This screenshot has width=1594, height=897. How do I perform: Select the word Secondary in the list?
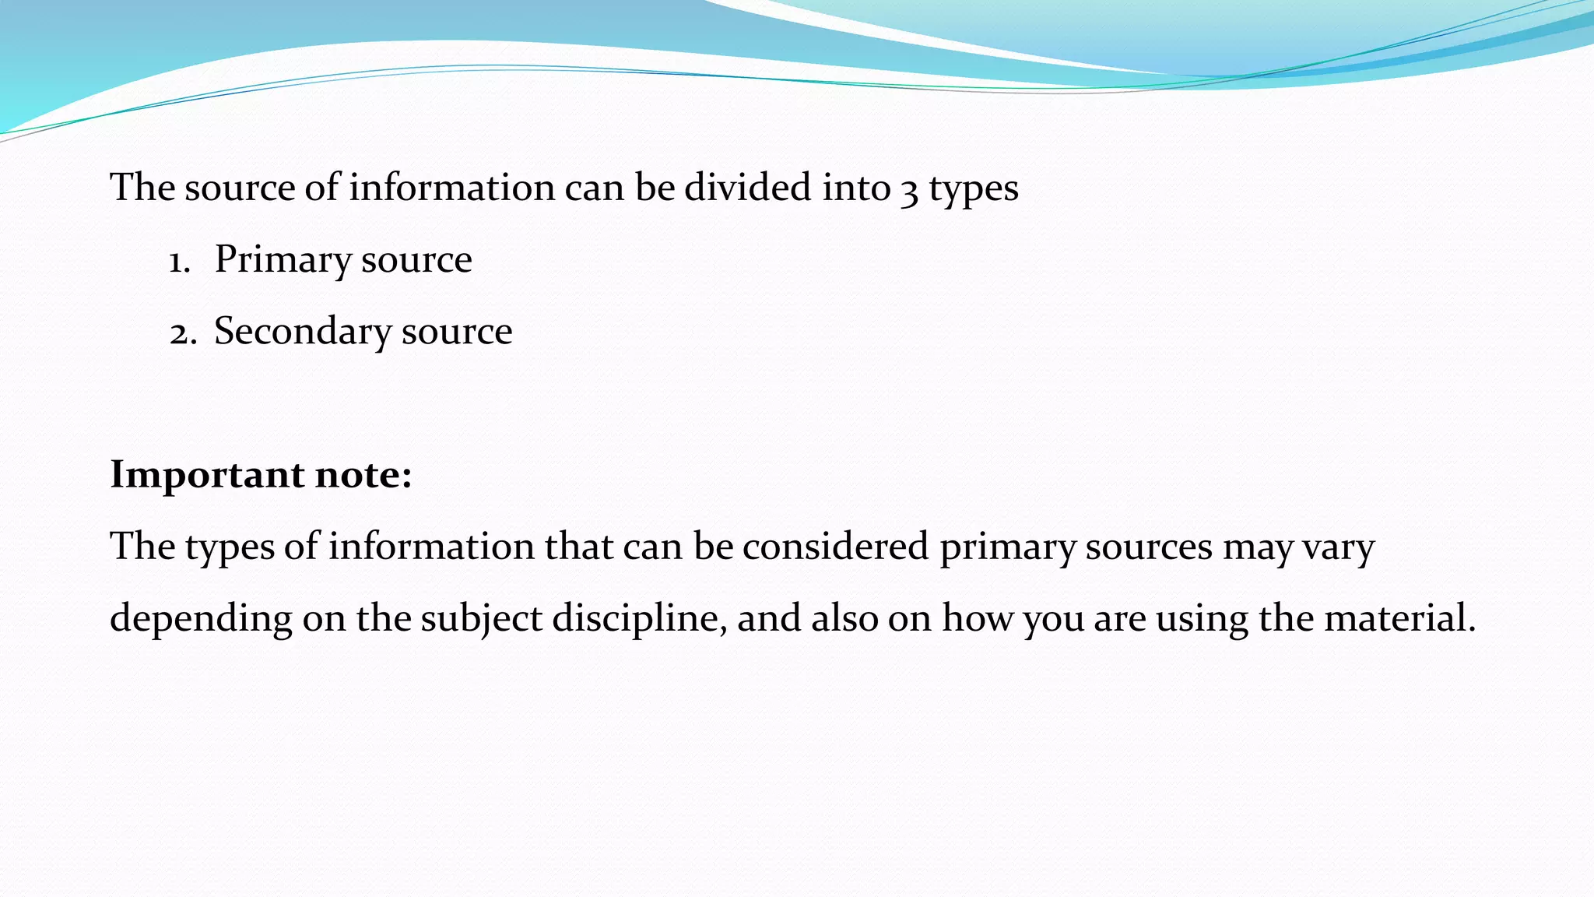tap(302, 332)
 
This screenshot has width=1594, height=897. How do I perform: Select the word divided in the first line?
tap(747, 188)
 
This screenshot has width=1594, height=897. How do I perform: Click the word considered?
tap(835, 547)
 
